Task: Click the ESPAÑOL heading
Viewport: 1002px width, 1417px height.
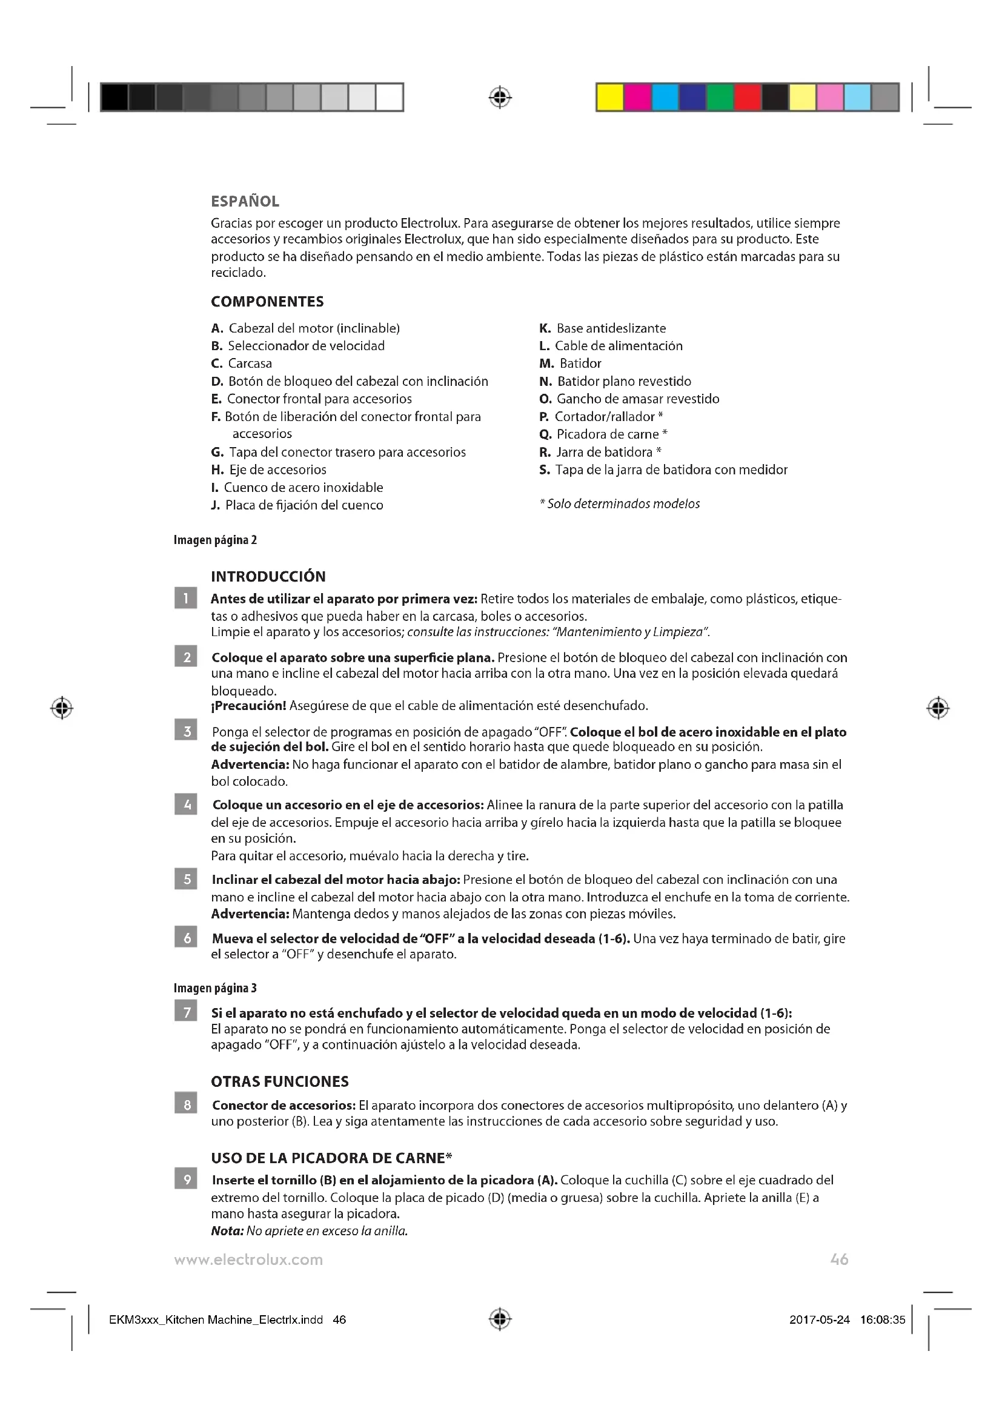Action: pyautogui.click(x=245, y=201)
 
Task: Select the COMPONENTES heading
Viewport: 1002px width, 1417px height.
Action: pyautogui.click(x=267, y=302)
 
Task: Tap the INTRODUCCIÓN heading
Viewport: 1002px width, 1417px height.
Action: pyautogui.click(x=268, y=576)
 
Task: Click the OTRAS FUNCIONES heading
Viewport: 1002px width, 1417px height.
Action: pyautogui.click(x=279, y=1081)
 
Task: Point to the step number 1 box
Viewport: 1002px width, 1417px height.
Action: pyautogui.click(x=186, y=598)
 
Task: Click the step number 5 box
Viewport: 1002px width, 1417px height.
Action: pyautogui.click(x=186, y=879)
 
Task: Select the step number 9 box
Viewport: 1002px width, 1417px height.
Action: pyautogui.click(x=186, y=1180)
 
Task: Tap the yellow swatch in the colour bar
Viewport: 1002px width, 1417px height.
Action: pyautogui.click(x=609, y=98)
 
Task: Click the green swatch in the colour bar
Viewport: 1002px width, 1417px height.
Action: pyautogui.click(x=720, y=98)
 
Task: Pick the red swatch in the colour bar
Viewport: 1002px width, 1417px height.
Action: pyautogui.click(x=747, y=98)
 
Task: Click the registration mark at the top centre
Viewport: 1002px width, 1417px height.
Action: pyautogui.click(x=500, y=98)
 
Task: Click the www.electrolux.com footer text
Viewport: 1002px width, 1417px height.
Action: pyautogui.click(x=248, y=1259)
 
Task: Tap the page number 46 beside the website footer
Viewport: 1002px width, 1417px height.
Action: pyautogui.click(x=839, y=1259)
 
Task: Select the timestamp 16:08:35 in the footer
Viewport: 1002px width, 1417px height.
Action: pyautogui.click(x=882, y=1320)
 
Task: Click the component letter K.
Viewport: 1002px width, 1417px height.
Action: pyautogui.click(x=544, y=328)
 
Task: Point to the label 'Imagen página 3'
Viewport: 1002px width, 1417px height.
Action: pyautogui.click(x=214, y=988)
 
